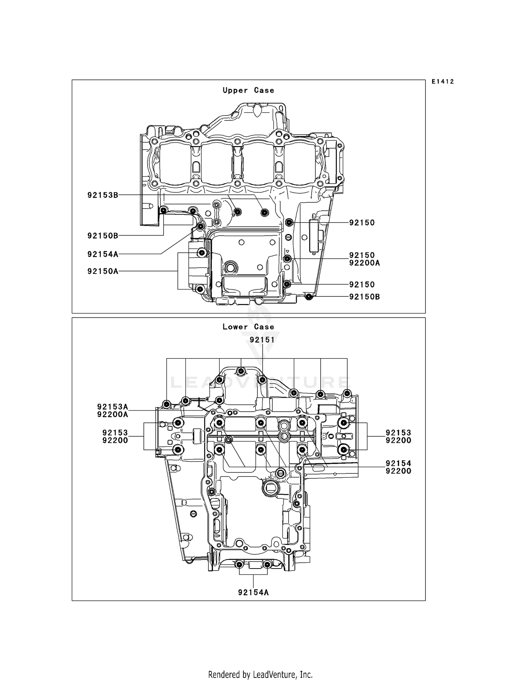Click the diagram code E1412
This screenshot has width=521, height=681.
coord(443,82)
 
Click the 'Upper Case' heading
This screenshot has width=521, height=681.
coord(248,90)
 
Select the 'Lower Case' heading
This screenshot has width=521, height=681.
coord(248,327)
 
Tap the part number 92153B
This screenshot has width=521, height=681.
coord(103,195)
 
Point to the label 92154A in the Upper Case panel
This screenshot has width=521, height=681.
coord(103,254)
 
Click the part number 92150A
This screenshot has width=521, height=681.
coord(103,271)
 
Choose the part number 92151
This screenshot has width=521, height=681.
coord(262,340)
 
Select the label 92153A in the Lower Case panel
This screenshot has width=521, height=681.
coord(113,406)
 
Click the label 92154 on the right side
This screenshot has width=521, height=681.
coord(398,463)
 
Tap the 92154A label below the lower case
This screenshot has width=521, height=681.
coord(253,592)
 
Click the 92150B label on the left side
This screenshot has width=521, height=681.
coord(103,236)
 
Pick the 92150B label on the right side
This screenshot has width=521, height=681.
coord(364,297)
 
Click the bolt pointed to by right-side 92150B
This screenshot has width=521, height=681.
coord(308,296)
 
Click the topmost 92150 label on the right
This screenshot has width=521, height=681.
coord(362,222)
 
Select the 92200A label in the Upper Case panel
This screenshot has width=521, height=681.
coord(364,263)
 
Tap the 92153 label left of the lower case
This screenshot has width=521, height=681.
coord(115,432)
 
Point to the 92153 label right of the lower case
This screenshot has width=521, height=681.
coord(398,432)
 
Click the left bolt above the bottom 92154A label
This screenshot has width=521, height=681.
coord(239,565)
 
